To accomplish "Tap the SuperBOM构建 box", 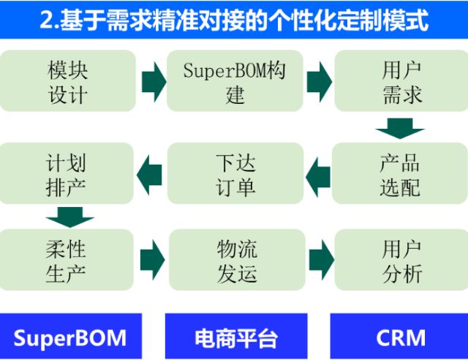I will [234, 81].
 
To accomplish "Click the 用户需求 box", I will [401, 81].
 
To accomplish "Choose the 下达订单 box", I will [234, 173].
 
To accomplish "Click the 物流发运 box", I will [235, 260].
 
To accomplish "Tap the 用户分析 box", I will [401, 260].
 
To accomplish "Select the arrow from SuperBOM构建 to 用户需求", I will [318, 82].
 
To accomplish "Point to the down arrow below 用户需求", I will [400, 129].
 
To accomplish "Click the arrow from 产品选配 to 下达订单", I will [318, 173].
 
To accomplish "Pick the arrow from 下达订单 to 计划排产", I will [151, 173].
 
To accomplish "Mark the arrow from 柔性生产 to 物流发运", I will [153, 259].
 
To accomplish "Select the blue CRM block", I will [400, 337].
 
